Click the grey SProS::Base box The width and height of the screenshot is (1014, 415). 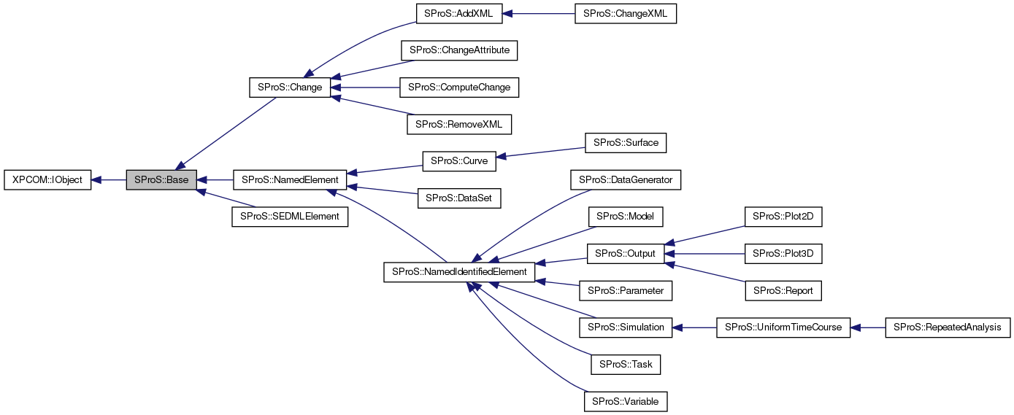point(161,179)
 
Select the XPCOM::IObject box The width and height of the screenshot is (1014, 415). point(47,179)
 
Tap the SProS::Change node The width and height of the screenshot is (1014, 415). point(290,88)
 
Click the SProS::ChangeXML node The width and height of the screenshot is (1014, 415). point(626,14)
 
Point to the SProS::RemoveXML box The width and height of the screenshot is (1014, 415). point(459,124)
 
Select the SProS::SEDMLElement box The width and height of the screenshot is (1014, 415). point(290,217)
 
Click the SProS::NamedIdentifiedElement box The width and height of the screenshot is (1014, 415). point(459,271)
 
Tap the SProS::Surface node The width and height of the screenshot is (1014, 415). point(626,143)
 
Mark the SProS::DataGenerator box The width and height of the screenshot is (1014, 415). point(626,179)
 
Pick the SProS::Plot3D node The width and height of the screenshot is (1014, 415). point(783,253)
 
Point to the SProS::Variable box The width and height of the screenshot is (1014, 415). point(626,401)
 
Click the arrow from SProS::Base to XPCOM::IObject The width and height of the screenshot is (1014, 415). point(109,179)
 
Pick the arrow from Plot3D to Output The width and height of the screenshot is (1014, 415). point(704,253)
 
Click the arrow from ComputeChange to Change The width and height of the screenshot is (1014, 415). point(365,88)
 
